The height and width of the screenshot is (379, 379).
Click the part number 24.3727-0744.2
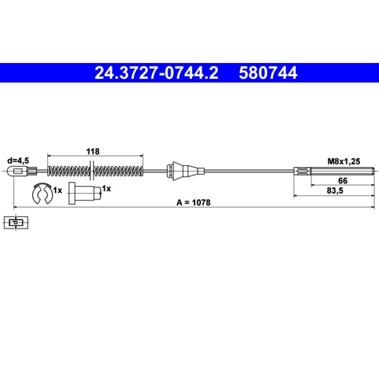(156, 73)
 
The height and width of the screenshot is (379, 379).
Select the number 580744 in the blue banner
(268, 73)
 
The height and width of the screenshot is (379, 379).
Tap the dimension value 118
(93, 152)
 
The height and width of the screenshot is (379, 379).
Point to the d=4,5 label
(18, 161)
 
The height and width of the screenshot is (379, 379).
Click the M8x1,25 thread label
(343, 161)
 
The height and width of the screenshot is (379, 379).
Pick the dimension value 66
(343, 180)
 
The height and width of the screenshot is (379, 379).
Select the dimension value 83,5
(335, 191)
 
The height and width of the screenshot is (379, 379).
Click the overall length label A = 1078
(193, 203)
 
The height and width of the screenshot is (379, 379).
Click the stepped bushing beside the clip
(85, 193)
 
